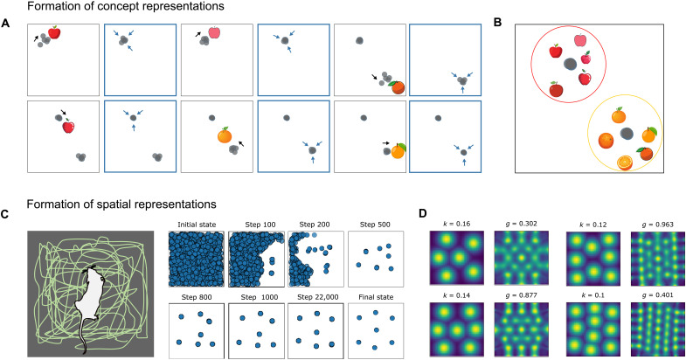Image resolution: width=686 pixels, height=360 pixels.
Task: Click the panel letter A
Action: click(x=8, y=24)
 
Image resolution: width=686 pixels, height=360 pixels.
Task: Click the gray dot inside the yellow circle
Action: click(x=626, y=133)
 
